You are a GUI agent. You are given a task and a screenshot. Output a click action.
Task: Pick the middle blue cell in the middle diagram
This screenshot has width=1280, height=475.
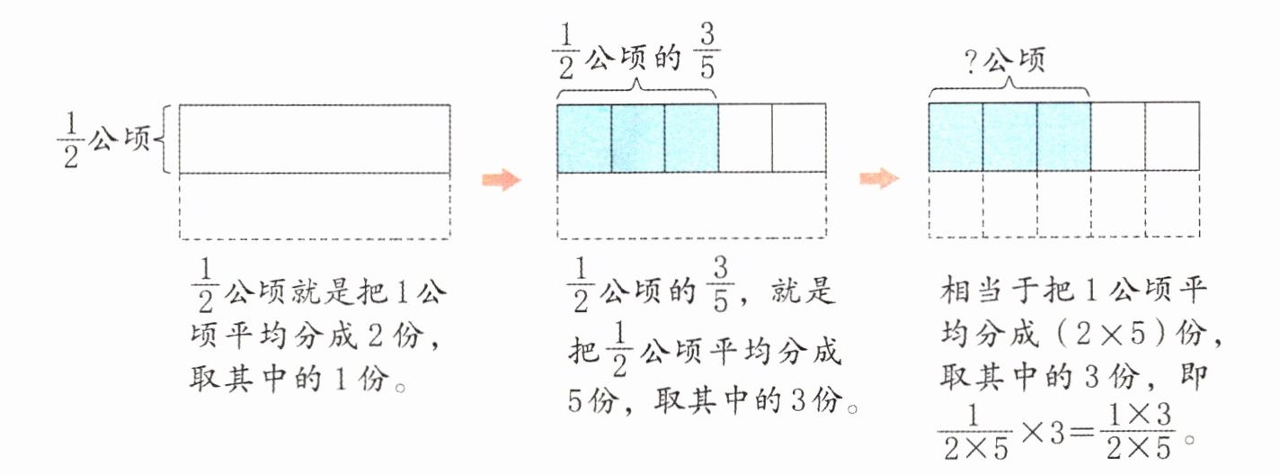(x=638, y=138)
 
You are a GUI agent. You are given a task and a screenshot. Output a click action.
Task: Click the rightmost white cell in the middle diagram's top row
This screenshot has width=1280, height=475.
(x=799, y=138)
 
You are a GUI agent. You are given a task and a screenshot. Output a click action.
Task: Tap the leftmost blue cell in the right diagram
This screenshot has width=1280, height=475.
(x=955, y=137)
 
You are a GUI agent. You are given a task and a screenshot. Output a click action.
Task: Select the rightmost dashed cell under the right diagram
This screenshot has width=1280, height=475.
(x=1172, y=205)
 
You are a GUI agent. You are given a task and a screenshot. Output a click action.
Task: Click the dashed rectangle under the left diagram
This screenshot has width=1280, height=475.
(x=315, y=206)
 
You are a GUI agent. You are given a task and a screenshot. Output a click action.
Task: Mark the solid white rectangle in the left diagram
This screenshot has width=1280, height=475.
(x=315, y=139)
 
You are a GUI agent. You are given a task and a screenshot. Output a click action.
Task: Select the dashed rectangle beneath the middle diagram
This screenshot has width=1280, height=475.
(x=691, y=206)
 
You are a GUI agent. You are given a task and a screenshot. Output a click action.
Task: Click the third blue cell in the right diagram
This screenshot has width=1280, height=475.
(x=1063, y=137)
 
